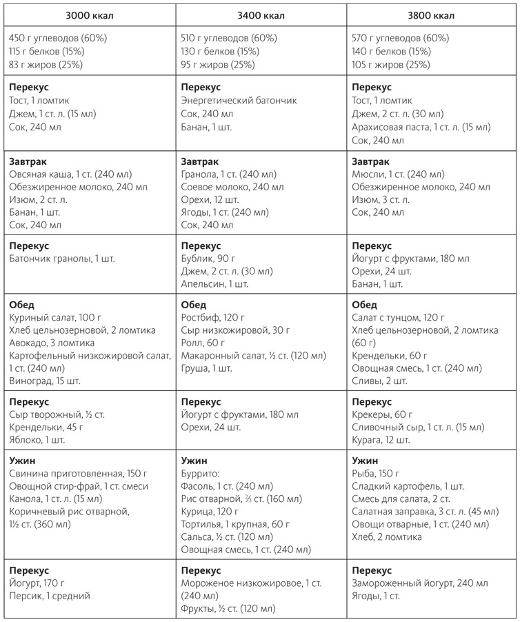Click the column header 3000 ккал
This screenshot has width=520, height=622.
coord(89,15)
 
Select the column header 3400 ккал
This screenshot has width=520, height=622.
coord(260,15)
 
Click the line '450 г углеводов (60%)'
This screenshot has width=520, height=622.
coord(59,38)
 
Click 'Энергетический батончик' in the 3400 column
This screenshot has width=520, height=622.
coord(239,101)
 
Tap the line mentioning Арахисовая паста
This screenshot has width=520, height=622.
coord(421,128)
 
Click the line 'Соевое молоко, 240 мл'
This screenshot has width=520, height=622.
coord(232,187)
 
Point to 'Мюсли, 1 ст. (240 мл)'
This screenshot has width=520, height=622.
coord(398,174)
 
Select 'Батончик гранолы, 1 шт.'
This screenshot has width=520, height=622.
coord(62,259)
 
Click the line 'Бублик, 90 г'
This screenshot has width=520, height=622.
coord(208,259)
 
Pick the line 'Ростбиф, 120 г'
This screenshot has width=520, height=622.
coord(213,317)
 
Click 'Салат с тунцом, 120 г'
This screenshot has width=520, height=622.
coord(399,317)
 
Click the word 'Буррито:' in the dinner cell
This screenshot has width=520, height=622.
coord(200,474)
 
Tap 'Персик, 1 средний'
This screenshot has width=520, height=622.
coord(50,596)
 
